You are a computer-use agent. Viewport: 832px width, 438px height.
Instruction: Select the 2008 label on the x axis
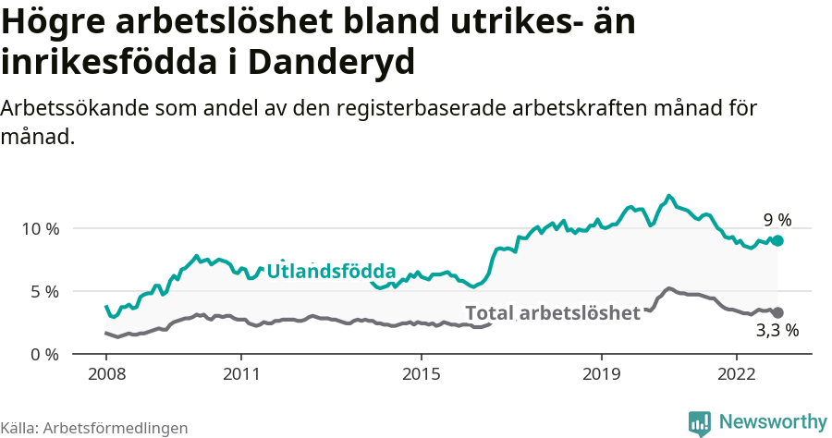[106, 374]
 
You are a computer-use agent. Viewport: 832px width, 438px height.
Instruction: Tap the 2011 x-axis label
[241, 374]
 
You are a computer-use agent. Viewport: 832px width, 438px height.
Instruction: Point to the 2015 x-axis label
[421, 374]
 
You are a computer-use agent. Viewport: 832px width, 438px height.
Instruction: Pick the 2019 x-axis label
[601, 374]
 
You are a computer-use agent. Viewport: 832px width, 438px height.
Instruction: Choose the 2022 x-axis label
[736, 374]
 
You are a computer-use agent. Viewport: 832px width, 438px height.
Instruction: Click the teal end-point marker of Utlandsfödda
[777, 240]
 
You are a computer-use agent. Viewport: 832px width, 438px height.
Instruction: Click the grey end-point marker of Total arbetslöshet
[777, 313]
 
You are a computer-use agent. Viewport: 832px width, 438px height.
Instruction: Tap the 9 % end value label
[777, 220]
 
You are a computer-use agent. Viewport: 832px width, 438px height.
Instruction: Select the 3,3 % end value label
[777, 330]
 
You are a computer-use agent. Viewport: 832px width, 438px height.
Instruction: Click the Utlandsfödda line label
[331, 272]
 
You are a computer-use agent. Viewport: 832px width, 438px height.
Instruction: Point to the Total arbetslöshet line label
[552, 312]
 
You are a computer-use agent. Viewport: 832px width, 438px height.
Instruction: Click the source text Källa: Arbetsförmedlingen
[94, 428]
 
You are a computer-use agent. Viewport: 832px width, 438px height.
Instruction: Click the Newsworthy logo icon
[700, 422]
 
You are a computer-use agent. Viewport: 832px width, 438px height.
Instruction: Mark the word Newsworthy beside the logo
[773, 421]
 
